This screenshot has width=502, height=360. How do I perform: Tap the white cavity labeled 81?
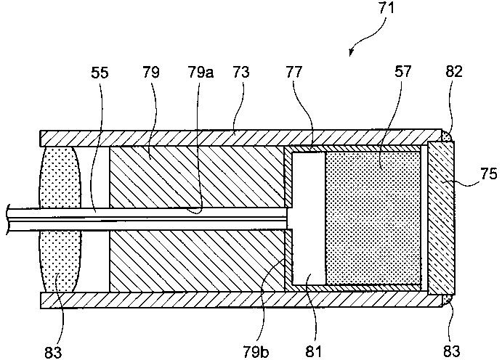click(307, 218)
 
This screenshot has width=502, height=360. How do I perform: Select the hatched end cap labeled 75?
click(441, 218)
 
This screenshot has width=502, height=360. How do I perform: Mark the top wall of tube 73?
click(240, 137)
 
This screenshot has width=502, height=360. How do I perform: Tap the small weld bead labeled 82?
click(448, 135)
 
